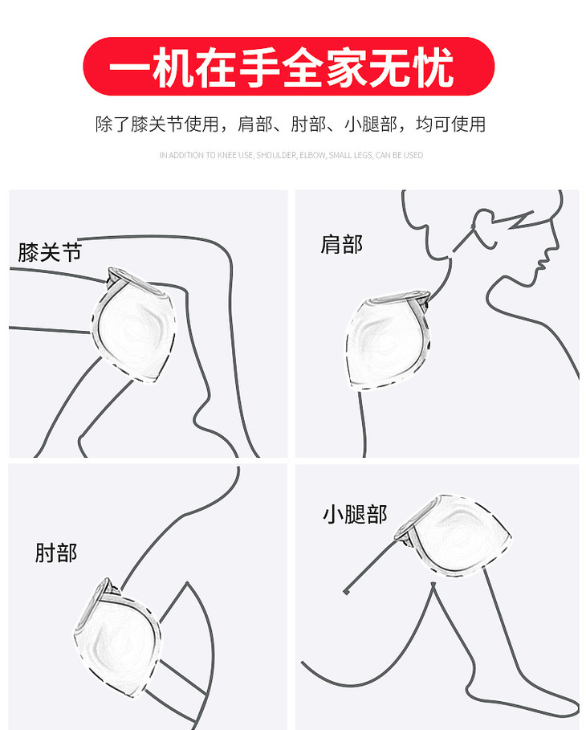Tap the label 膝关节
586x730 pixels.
pos(50,252)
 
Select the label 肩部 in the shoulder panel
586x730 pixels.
pos(341,244)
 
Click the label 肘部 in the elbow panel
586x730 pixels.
pos(56,553)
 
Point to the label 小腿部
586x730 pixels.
pos(355,515)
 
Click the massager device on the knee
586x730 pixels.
pos(135,324)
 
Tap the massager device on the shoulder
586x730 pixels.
pos(387,339)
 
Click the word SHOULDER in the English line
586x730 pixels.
pos(276,155)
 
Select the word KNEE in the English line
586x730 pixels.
pos(227,155)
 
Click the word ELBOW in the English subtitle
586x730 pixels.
pos(313,155)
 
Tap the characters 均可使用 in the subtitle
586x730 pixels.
pos(450,124)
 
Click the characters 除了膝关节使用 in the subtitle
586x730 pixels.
pos(157,124)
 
